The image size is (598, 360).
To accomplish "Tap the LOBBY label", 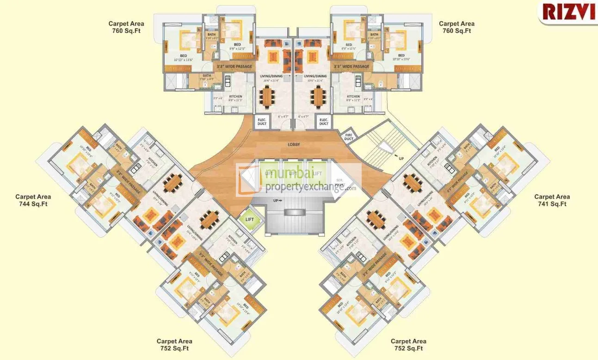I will [294, 145].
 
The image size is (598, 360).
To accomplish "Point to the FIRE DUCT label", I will [349, 137].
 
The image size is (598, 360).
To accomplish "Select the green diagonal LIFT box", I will [250, 219].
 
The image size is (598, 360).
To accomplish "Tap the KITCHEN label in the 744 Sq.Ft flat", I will [153, 165].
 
